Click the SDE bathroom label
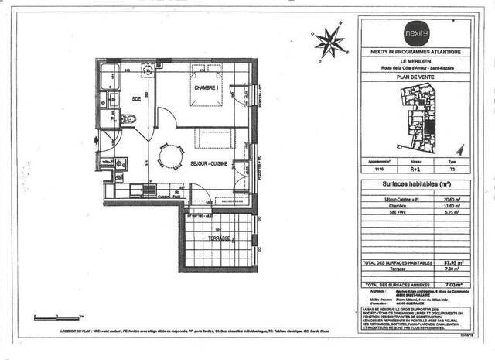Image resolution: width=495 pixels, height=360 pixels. (x=135, y=99)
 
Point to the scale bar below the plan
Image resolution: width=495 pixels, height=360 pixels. (x=57, y=316)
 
